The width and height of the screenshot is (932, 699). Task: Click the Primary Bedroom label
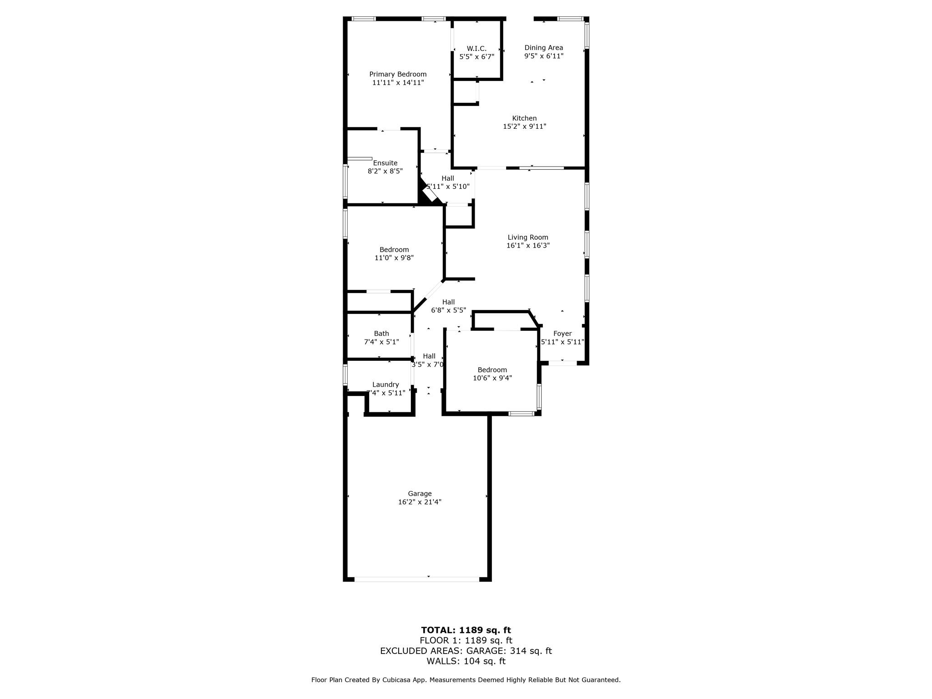click(x=398, y=74)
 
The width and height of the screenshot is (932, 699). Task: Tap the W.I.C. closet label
click(x=476, y=48)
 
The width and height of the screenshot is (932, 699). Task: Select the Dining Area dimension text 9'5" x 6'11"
click(x=544, y=56)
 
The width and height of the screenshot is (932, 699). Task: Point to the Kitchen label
click(x=524, y=118)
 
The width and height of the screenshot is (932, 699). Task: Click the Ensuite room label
click(x=385, y=163)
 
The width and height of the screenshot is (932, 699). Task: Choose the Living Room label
click(x=528, y=237)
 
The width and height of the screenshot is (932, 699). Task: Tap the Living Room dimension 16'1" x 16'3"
click(x=528, y=246)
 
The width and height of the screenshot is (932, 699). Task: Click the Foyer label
click(x=562, y=334)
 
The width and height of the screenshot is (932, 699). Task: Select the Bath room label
click(x=381, y=334)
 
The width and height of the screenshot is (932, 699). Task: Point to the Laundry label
click(x=385, y=385)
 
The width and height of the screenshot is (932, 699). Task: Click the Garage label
click(x=420, y=493)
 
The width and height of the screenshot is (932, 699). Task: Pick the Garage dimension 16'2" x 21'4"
click(x=420, y=502)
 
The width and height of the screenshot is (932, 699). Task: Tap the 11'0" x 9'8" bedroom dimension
click(x=394, y=258)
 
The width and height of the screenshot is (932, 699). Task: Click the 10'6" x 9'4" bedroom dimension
click(x=492, y=378)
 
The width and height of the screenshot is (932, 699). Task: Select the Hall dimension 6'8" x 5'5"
click(x=449, y=310)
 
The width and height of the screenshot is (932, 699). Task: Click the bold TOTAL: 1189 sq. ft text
click(x=466, y=630)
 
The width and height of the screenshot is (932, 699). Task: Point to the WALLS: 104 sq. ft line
click(x=466, y=661)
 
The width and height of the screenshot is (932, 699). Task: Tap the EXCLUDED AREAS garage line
click(x=466, y=651)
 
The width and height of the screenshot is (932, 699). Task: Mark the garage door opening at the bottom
click(x=416, y=579)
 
